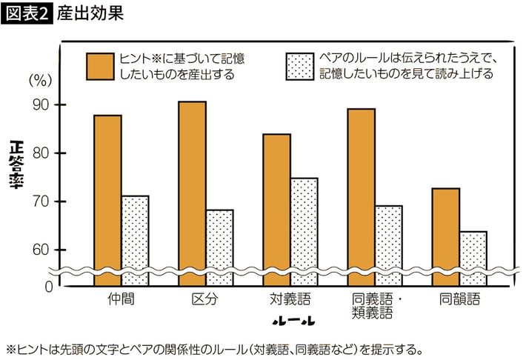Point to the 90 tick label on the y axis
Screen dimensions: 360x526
point(40,105)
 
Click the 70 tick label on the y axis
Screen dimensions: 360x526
point(40,201)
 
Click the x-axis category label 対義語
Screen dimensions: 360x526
point(290,301)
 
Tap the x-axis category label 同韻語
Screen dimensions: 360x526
point(459,301)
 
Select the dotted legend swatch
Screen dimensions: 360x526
point(300,66)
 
